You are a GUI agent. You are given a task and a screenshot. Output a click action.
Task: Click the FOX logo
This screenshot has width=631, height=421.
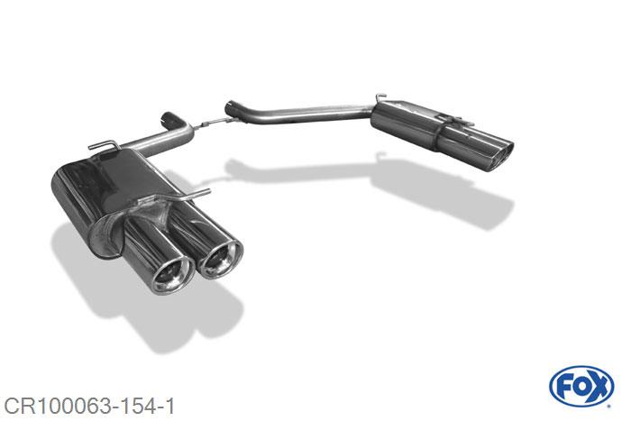coord(581,387)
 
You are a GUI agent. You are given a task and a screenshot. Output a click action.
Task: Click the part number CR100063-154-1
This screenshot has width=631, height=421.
coord(89,407)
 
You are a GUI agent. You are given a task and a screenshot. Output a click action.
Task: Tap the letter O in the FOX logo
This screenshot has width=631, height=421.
coord(581,387)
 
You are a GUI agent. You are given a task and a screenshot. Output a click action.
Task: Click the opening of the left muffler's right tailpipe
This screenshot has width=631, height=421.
coord(221,259)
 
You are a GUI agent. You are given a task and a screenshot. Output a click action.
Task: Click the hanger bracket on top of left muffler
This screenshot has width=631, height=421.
coord(104,144)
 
